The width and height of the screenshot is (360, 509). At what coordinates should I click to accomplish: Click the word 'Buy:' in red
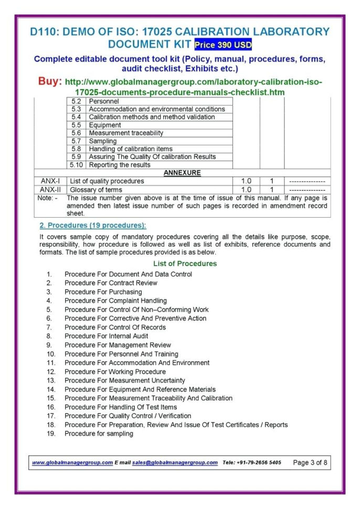click(50, 82)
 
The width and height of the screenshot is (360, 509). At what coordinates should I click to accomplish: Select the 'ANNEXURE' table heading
click(182, 173)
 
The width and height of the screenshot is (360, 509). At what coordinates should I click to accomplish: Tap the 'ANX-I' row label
click(50, 181)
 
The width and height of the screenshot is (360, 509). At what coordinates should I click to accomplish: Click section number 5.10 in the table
click(77, 165)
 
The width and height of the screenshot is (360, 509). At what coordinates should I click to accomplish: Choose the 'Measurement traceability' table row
click(126, 133)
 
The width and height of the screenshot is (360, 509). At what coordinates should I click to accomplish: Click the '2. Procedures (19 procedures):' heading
click(93, 225)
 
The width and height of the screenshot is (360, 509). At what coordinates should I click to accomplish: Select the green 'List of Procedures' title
click(185, 263)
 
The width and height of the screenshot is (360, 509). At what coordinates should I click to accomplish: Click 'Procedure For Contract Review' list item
click(111, 283)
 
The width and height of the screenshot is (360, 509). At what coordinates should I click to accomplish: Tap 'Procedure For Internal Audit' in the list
click(106, 336)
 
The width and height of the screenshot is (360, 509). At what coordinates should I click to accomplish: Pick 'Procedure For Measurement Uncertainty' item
click(124, 380)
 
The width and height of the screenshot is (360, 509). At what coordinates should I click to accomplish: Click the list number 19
click(50, 433)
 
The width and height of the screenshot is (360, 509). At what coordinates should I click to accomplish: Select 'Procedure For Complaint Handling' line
click(115, 301)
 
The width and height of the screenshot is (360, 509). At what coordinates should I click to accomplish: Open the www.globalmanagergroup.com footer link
click(72, 462)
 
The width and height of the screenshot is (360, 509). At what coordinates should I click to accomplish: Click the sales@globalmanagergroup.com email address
click(175, 462)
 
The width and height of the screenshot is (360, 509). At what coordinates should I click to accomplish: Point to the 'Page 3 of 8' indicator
click(310, 462)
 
